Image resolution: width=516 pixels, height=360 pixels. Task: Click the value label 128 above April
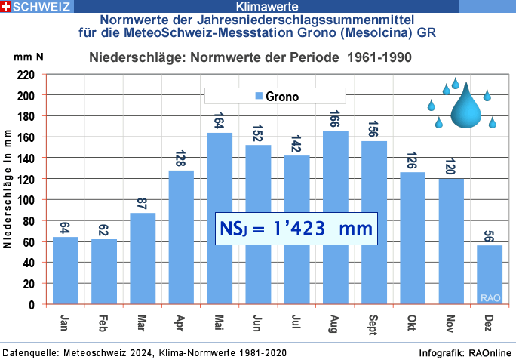(181, 160)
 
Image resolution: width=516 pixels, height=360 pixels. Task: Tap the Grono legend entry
(275, 96)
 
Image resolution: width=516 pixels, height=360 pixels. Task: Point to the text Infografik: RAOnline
(465, 353)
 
